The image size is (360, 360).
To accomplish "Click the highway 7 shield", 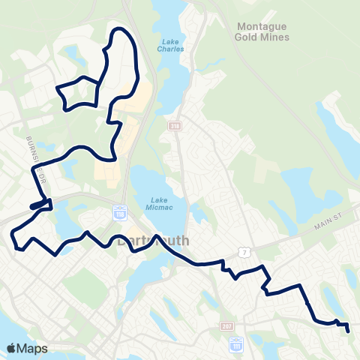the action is click(x=243, y=253).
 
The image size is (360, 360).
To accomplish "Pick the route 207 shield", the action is click(x=228, y=326).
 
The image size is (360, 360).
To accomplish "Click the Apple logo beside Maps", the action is click(x=11, y=348).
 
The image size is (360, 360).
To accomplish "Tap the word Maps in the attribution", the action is click(x=32, y=348).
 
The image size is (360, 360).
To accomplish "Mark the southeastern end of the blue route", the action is click(x=348, y=328).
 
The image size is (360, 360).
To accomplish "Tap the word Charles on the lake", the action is click(x=171, y=49).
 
